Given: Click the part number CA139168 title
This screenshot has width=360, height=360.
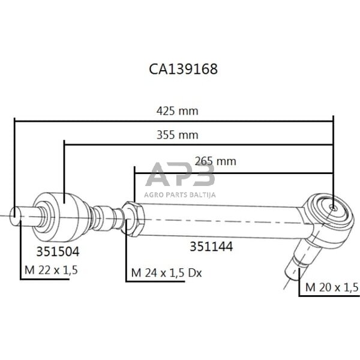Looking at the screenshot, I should pyautogui.click(x=183, y=69).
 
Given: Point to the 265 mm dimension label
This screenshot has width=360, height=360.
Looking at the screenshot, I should pyautogui.click(x=215, y=161).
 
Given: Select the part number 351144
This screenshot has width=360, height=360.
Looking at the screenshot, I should pyautogui.click(x=211, y=246).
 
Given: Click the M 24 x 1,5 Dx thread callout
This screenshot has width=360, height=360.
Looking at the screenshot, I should pyautogui.click(x=166, y=274).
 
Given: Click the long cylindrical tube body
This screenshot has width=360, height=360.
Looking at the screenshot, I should pyautogui.click(x=222, y=219).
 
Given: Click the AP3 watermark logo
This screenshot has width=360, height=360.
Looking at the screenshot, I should pyautogui.click(x=180, y=176).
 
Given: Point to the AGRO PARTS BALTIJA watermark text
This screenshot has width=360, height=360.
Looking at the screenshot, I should pyautogui.click(x=180, y=194).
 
